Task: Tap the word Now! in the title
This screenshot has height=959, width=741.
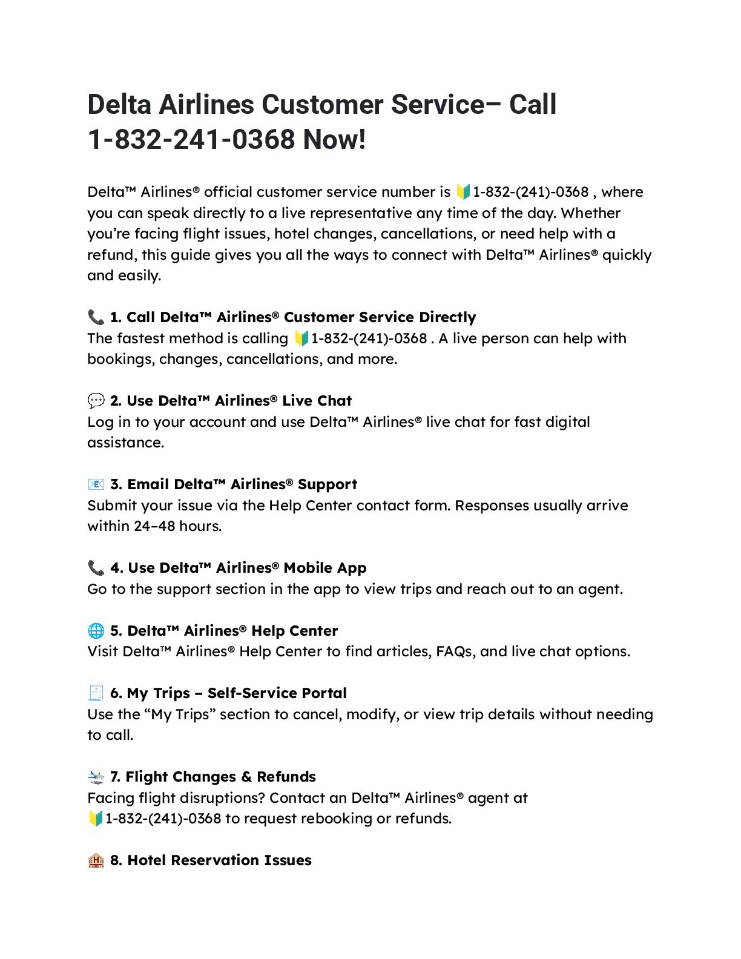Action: click(334, 140)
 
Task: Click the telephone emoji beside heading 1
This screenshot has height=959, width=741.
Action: click(96, 317)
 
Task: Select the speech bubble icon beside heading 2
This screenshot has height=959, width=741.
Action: click(96, 401)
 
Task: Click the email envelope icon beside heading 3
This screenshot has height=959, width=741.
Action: click(96, 484)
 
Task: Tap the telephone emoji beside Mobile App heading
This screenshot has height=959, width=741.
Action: click(96, 568)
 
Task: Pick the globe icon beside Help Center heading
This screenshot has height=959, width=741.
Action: click(96, 631)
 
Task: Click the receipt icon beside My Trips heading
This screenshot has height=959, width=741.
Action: click(96, 693)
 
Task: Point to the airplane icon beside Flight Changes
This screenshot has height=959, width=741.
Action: click(96, 777)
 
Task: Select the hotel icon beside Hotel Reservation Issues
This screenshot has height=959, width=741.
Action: click(96, 860)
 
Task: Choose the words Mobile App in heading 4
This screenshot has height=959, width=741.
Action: click(325, 568)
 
